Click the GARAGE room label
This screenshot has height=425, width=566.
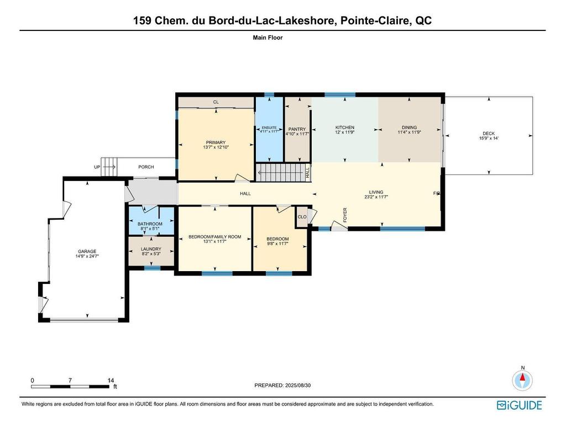point(87,251)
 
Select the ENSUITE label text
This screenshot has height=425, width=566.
point(269,127)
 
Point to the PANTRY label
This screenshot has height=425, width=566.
point(297,129)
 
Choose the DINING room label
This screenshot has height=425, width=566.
point(409,127)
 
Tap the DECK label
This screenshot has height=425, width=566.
point(489,133)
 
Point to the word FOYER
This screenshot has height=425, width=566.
point(345,214)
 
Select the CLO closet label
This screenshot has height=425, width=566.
point(302,217)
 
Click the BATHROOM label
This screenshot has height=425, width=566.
point(150,224)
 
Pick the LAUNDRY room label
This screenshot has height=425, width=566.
point(150,249)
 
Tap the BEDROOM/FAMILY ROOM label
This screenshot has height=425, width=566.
point(215,237)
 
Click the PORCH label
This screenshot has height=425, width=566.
point(146,167)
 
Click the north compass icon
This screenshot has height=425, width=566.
point(522,380)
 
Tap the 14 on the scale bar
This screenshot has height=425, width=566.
point(111,381)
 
